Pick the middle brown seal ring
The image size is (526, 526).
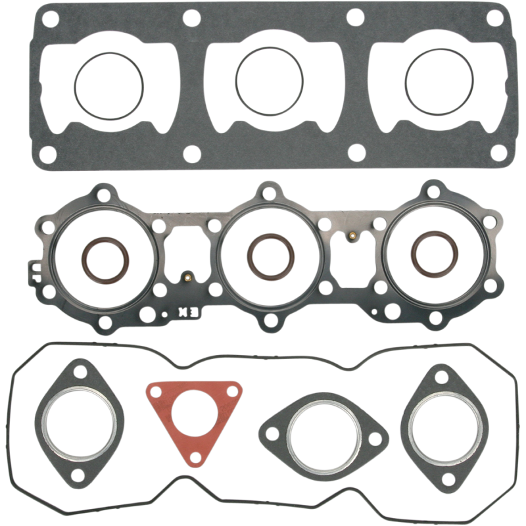pyautogui.click(x=268, y=251)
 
